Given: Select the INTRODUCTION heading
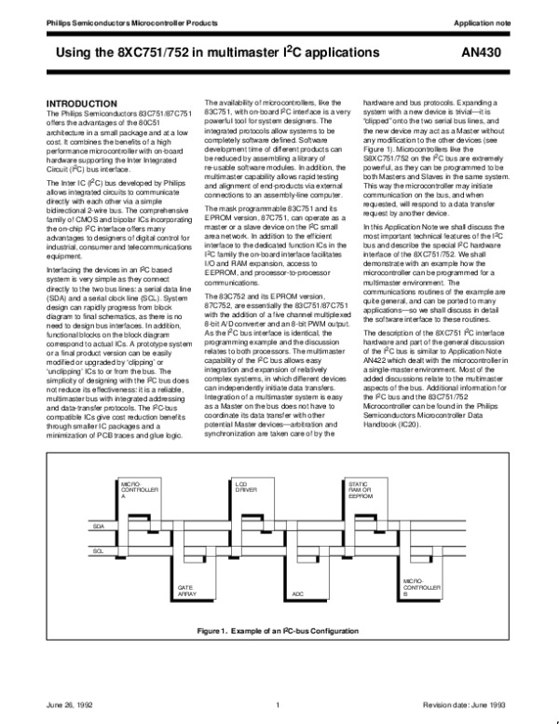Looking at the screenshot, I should tap(83, 102).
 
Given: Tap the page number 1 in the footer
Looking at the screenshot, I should tap(279, 704).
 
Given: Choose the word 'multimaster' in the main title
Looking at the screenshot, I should tap(251, 53).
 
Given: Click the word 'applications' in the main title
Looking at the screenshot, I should tap(345, 53).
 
